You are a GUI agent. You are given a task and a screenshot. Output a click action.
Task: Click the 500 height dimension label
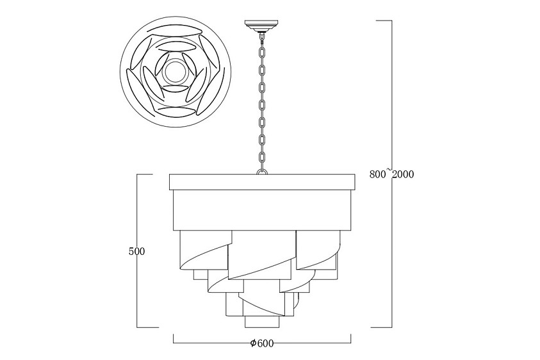click(136, 252)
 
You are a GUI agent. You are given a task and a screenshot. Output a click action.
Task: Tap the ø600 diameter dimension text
click(262, 343)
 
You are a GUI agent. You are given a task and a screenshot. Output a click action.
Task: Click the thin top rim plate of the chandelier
click(261, 182)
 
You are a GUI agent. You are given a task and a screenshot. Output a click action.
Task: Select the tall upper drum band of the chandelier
click(261, 209)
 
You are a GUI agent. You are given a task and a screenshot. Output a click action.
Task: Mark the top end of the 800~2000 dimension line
click(390, 20)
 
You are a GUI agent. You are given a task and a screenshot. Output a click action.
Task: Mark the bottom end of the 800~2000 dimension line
click(390, 327)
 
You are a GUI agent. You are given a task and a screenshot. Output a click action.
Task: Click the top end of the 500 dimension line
click(138, 174)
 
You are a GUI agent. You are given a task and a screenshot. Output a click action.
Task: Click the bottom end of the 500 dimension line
click(138, 327)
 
